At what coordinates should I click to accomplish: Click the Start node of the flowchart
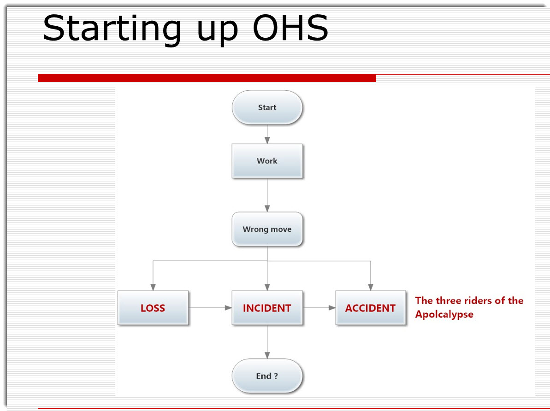(x=267, y=107)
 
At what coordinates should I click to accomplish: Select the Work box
(x=267, y=161)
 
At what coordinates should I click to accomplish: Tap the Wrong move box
(x=267, y=229)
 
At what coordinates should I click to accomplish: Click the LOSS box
(x=153, y=308)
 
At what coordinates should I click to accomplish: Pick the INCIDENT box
(x=267, y=308)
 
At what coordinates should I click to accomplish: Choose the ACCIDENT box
(x=370, y=308)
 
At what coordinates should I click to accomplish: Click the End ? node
(x=267, y=376)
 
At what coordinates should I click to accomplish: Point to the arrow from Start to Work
(x=267, y=134)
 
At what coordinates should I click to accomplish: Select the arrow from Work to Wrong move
(x=267, y=195)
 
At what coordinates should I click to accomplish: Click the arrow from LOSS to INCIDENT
(x=210, y=308)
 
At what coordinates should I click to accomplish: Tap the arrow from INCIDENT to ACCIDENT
(x=319, y=308)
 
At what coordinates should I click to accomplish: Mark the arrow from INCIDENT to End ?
(x=267, y=342)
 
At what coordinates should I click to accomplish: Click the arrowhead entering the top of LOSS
(x=153, y=287)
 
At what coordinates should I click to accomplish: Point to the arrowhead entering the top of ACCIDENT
(x=370, y=287)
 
